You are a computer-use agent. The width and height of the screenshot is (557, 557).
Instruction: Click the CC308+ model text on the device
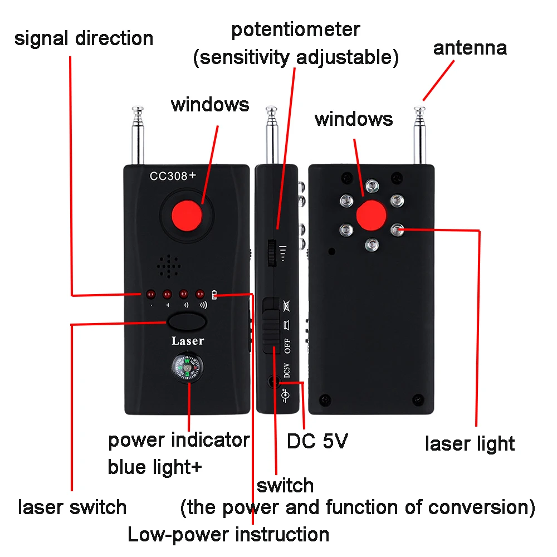(172, 176)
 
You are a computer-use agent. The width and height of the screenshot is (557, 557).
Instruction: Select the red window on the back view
(372, 215)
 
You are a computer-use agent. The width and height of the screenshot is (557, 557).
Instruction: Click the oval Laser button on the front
(186, 322)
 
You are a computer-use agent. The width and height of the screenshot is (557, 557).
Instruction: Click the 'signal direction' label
(84, 38)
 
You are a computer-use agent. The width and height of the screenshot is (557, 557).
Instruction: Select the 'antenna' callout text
(470, 48)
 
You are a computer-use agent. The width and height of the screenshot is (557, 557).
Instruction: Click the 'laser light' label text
(470, 444)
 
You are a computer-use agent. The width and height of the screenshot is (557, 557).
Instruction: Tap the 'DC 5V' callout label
(317, 442)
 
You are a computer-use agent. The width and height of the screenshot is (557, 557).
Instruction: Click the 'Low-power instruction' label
(228, 535)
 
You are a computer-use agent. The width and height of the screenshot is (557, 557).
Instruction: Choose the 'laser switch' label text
(72, 507)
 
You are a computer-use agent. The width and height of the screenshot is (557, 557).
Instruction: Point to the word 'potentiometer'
(296, 29)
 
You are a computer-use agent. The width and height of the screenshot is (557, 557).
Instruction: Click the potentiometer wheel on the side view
(272, 253)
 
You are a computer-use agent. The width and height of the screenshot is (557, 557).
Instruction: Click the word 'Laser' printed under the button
(187, 341)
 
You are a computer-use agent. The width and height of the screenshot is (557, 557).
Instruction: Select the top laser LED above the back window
(372, 185)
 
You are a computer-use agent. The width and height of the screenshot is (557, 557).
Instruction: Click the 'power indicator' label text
(179, 440)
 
